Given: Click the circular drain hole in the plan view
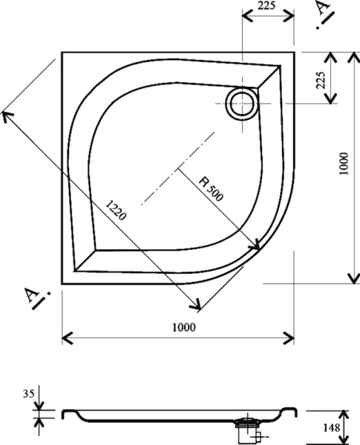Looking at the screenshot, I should pyautogui.click(x=242, y=103).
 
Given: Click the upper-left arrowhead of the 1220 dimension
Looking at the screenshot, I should pyautogui.click(x=7, y=113).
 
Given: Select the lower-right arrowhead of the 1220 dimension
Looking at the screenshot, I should pyautogui.click(x=198, y=305).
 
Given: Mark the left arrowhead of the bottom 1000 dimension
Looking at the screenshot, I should pyautogui.click(x=65, y=338).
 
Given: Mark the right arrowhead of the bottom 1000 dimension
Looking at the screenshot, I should pyautogui.click(x=291, y=338).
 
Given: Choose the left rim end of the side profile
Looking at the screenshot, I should pyautogui.click(x=65, y=412).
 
